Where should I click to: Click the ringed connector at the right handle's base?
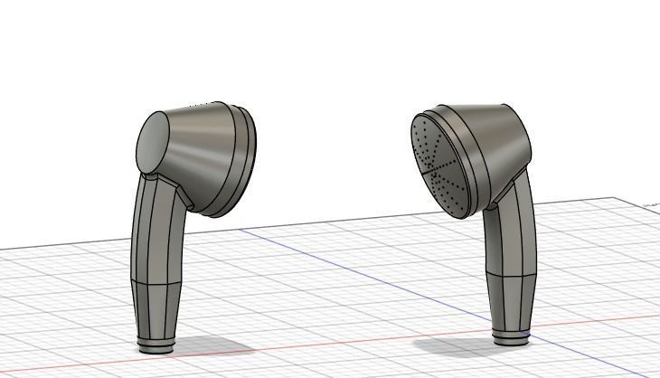click(511, 337)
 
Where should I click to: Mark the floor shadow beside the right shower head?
click(452, 345)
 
